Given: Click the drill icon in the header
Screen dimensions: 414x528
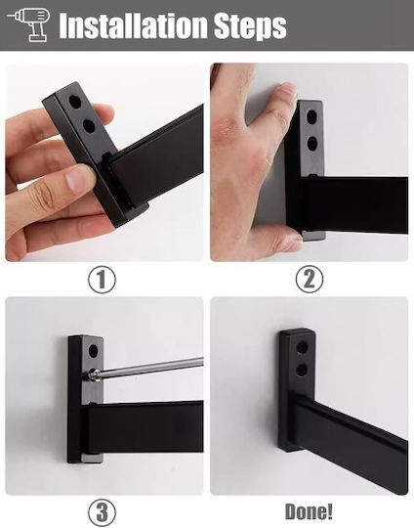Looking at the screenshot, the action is coord(29,24).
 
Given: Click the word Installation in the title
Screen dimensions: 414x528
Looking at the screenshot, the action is coord(133,25).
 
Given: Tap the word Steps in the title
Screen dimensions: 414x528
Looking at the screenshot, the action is coord(250,26).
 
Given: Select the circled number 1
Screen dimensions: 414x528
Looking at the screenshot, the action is coord(102,280).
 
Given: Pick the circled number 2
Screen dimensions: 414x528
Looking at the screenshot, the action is coord(310,280).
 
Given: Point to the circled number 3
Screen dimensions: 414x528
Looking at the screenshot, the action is coord(102,513).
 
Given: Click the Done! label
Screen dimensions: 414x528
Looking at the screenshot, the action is coord(309,511).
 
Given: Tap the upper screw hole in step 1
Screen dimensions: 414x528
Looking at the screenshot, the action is coord(75,102).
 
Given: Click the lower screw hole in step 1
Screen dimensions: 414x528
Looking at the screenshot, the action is coord(89,126).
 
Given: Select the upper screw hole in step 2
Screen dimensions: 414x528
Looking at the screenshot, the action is coord(312,117).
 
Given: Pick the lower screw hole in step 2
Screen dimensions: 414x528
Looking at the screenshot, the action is coord(312,144).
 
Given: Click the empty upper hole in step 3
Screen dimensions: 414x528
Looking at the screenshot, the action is coord(93,351).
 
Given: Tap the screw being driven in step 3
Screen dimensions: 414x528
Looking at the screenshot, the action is coord(92,374).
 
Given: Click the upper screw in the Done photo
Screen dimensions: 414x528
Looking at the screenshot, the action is coord(302,346).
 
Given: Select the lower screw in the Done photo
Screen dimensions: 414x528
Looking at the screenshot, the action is coord(302,370).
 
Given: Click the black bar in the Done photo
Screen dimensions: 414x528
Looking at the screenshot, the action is coord(350,441).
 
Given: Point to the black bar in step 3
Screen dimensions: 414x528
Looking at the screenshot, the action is coord(145,427).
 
